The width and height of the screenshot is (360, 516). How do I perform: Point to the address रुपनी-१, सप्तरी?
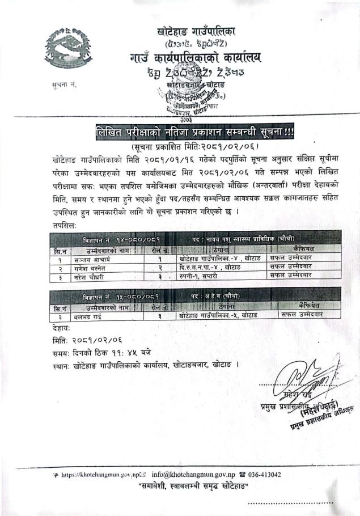point(200,275)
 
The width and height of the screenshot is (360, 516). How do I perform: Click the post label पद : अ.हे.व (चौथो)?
point(222,296)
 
